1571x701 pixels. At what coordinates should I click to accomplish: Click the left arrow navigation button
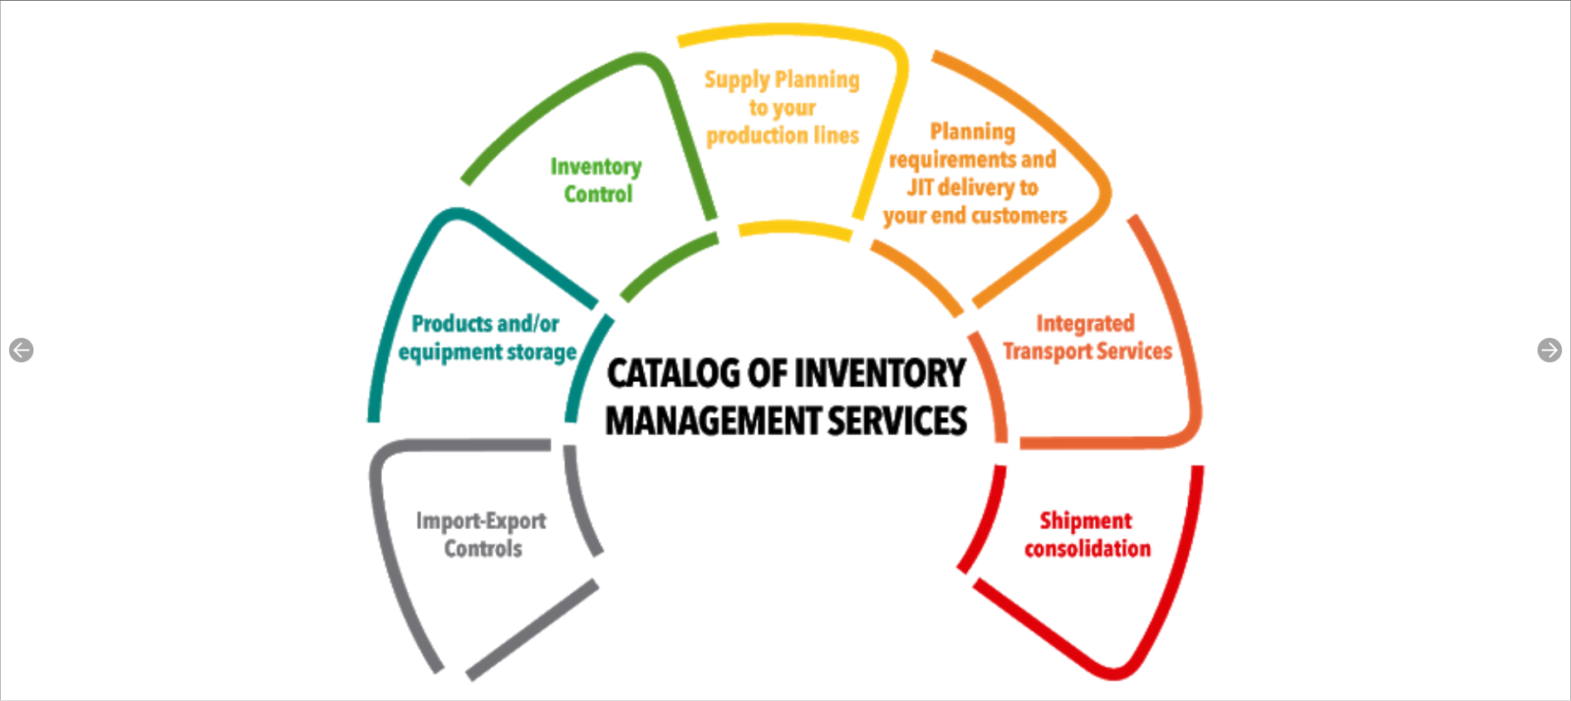pos(21,350)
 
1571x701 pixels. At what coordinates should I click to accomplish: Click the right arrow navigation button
pos(1549,350)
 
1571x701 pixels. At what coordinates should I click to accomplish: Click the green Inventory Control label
pos(596,180)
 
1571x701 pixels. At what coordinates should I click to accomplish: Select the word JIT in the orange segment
pos(920,187)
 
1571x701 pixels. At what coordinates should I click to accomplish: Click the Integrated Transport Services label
pos(1087,337)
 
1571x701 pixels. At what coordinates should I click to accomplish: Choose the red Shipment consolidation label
pos(1087,534)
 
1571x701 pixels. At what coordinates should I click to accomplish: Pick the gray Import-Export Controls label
pos(481,534)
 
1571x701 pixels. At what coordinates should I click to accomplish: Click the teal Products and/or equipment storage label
pos(487,337)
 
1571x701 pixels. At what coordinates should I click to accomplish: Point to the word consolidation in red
pos(1087,548)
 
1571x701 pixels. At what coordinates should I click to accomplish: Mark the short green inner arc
pos(668,266)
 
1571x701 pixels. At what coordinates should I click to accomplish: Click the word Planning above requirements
pos(972,132)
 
